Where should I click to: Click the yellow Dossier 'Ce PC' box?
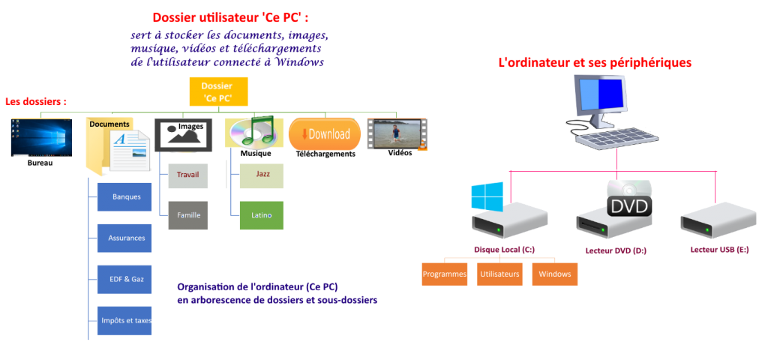(x=217, y=91)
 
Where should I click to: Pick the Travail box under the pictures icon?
(x=187, y=175)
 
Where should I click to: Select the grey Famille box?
(x=187, y=214)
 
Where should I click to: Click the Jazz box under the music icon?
(x=262, y=174)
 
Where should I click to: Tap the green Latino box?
(x=262, y=214)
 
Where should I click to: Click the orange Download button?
(x=325, y=134)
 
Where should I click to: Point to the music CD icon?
(x=253, y=132)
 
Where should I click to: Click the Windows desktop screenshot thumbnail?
(x=41, y=136)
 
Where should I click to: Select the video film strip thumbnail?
(x=397, y=133)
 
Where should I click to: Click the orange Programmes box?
(x=445, y=274)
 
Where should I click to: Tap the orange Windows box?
(x=555, y=274)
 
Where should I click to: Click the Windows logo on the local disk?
(x=487, y=196)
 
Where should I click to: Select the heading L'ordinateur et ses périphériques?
(x=595, y=63)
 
